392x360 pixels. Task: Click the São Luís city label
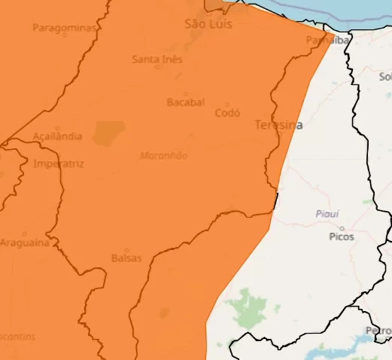(208, 24)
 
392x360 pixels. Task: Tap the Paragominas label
(65, 28)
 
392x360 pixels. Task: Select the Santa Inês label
(156, 59)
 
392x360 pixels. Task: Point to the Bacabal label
(185, 102)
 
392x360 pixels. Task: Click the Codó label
(227, 113)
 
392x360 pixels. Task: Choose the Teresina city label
(278, 125)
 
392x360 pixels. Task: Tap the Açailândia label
(57, 137)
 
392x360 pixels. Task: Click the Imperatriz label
(59, 163)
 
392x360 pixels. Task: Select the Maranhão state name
(163, 156)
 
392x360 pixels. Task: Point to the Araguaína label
(25, 243)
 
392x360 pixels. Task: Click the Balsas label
(126, 258)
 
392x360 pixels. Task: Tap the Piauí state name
(327, 215)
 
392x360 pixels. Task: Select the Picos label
(342, 236)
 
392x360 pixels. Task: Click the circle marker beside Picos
(342, 227)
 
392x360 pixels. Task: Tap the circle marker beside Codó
(227, 105)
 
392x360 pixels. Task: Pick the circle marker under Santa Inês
(157, 67)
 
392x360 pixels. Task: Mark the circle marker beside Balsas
(126, 250)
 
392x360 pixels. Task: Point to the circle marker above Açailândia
(57, 129)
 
